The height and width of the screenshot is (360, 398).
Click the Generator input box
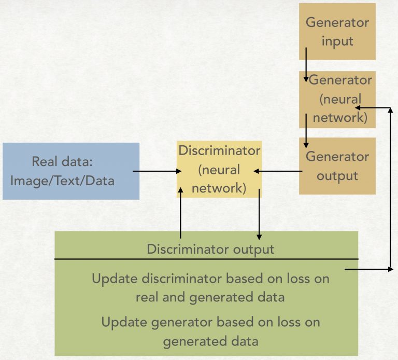337,31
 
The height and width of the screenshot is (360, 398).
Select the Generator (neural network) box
337,100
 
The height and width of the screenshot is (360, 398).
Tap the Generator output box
337,166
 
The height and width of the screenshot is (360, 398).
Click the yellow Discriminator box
219,169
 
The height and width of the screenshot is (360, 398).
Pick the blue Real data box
71,171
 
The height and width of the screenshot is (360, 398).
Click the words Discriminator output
210,249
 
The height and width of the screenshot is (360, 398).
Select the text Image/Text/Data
62,181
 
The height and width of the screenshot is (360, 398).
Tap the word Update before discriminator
110,279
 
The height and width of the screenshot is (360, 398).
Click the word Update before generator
120,322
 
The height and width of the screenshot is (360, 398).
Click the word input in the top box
337,41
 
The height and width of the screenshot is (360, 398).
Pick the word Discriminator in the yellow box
219,151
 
